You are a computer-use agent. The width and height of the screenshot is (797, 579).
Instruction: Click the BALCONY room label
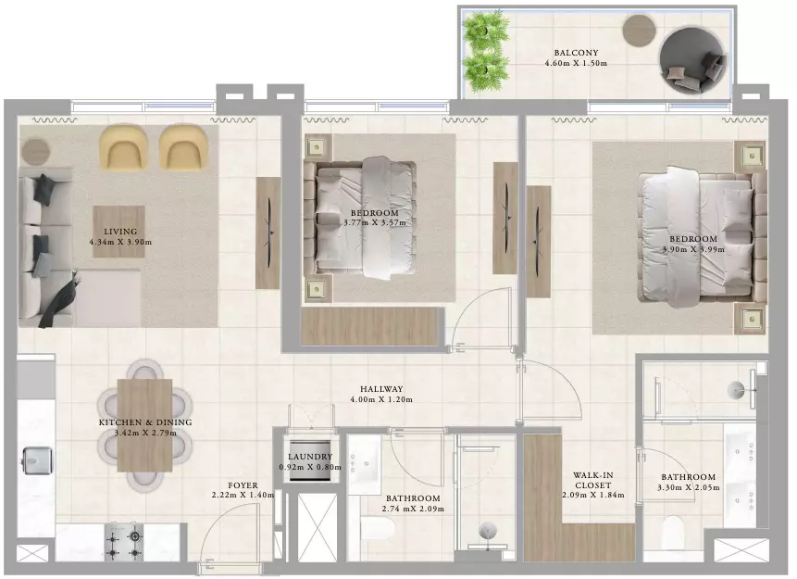tap(576, 53)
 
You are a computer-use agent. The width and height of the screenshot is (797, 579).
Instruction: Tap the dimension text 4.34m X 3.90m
tap(120, 242)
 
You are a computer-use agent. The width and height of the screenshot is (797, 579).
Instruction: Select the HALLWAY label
tap(381, 389)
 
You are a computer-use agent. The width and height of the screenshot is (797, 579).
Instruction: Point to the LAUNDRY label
tap(310, 457)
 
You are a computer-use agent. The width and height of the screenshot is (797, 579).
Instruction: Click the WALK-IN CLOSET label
tap(593, 480)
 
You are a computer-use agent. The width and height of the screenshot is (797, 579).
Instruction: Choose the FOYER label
tap(243, 485)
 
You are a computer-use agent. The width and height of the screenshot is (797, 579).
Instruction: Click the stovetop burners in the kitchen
tap(124, 542)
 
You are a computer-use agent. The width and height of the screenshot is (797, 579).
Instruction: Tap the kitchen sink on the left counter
tap(37, 461)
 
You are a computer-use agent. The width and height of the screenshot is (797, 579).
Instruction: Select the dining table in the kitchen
tap(144, 425)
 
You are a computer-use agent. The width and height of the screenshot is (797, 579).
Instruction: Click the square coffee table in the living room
tap(118, 231)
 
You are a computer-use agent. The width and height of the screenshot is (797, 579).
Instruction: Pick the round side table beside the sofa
tap(35, 151)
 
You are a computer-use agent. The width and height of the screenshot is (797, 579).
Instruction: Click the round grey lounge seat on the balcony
tap(691, 60)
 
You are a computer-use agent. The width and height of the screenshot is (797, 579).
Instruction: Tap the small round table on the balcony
tap(639, 31)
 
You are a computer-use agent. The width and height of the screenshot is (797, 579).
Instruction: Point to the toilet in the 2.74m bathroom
tap(377, 529)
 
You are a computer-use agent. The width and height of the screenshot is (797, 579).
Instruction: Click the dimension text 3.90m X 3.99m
tap(693, 250)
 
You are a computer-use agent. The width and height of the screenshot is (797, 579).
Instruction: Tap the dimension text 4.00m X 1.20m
tap(381, 400)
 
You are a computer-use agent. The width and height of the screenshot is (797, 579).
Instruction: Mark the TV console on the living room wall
tap(268, 233)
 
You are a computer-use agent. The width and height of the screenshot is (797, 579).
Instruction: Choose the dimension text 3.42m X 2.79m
tap(145, 434)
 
